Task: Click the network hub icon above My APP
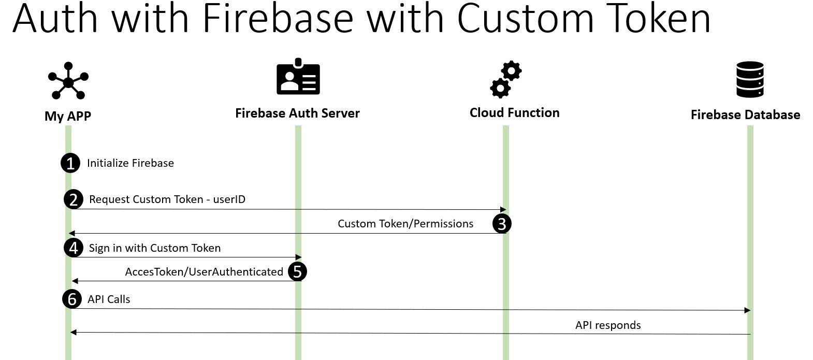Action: coord(68,81)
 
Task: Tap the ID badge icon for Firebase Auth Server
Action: coord(298,76)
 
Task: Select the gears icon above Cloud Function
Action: coord(505,79)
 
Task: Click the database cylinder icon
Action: coord(750,79)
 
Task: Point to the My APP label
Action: coord(68,116)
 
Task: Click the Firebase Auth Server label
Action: coord(297,113)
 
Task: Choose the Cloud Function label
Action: coord(514,113)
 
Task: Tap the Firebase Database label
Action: coord(745,114)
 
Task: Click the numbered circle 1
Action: coord(70,163)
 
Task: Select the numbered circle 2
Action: coord(74,199)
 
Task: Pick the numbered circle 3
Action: coord(502,224)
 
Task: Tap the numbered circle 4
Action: coord(74,248)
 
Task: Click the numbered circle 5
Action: coord(297,271)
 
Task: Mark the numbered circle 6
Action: coord(72,299)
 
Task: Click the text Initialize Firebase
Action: coord(130,163)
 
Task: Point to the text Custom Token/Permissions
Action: coord(405,224)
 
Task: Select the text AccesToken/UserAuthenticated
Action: coord(204,271)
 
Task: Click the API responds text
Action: coord(608,325)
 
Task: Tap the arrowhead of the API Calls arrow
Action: coord(747,310)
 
